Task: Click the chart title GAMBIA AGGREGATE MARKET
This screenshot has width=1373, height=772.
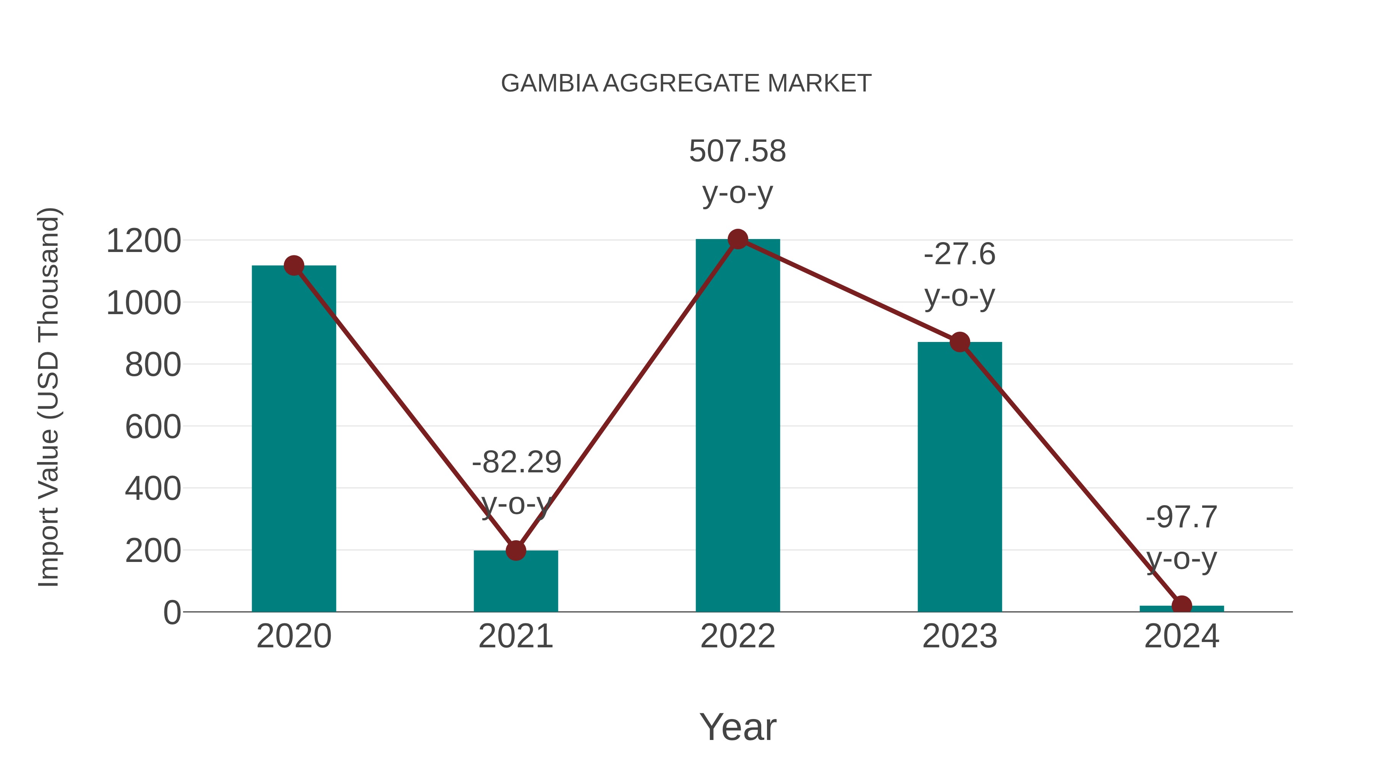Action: (686, 83)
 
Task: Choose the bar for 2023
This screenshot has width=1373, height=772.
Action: (960, 480)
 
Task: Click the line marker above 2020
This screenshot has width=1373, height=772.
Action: (294, 265)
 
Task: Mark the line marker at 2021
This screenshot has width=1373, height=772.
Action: (515, 551)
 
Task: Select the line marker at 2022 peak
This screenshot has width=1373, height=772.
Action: (738, 239)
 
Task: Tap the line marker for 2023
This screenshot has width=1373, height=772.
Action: (960, 342)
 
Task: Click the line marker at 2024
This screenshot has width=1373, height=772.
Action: (1182, 606)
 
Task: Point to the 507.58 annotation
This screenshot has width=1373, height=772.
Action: (737, 151)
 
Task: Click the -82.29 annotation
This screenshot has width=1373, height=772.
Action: (516, 462)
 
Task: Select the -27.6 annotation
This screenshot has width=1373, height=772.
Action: (960, 254)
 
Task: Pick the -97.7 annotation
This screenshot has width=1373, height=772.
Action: (1182, 517)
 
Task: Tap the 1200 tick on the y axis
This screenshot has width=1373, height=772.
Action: (143, 241)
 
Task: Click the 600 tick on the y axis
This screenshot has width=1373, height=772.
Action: (153, 427)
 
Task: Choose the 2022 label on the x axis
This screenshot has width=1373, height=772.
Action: (738, 636)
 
